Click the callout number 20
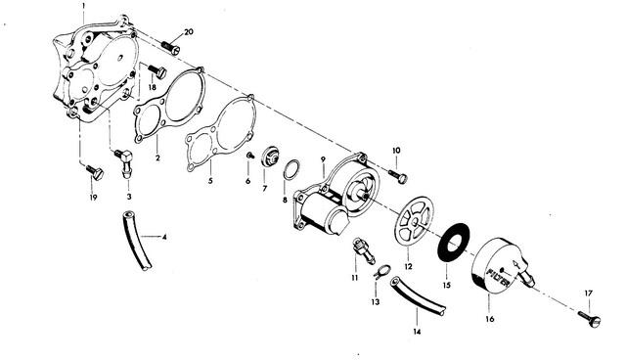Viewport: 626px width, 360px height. tap(189, 31)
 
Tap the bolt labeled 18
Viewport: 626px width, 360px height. tap(157, 71)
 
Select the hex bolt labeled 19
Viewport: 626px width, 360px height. tap(95, 172)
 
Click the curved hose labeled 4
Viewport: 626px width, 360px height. tap(137, 241)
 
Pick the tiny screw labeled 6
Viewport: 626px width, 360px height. tap(250, 156)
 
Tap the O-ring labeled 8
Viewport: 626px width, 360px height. tap(291, 169)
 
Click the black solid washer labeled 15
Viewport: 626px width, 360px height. tap(454, 243)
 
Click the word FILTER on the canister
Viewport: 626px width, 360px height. tap(498, 277)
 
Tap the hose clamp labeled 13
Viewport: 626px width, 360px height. tap(380, 271)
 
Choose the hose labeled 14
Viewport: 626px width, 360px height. tap(418, 295)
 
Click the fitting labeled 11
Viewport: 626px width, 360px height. tap(363, 251)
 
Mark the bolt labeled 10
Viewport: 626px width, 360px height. tap(398, 176)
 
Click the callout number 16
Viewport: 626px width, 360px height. tap(490, 319)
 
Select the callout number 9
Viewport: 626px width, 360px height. tap(323, 159)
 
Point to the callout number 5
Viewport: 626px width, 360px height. tap(210, 181)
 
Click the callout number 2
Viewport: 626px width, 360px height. tap(157, 158)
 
